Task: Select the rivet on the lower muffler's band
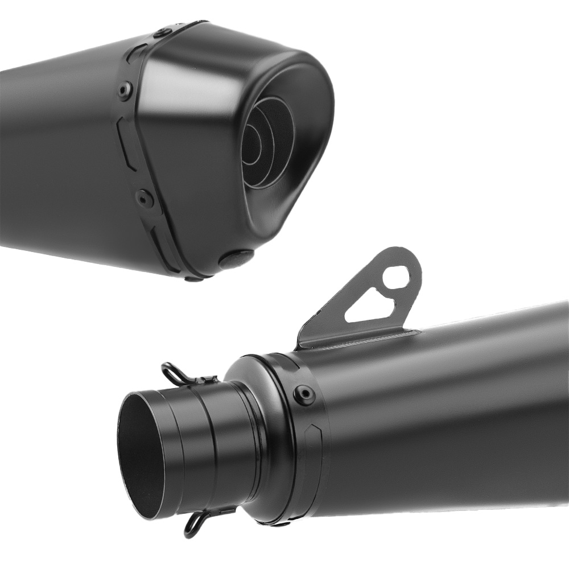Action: click(x=304, y=394)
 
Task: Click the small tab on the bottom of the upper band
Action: click(x=193, y=278)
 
